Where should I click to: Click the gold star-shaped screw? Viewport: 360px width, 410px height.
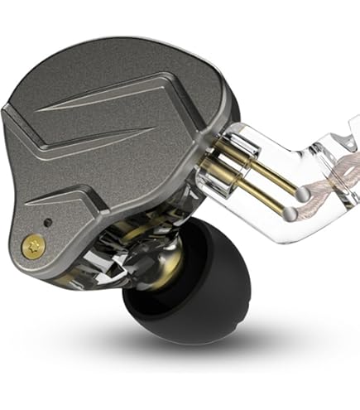pyautogui.click(x=34, y=245)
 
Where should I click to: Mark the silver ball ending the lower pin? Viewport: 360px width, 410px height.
pyautogui.click(x=290, y=213)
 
